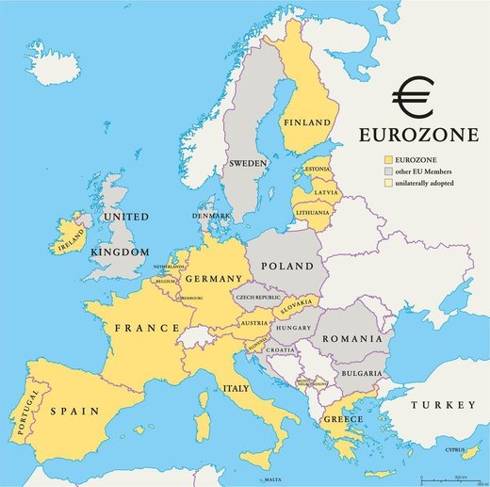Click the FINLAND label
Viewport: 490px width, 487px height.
307,122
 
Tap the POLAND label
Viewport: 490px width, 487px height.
287,267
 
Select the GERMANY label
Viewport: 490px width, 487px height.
215,280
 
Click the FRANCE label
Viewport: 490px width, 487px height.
147,328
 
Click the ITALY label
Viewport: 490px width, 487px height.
236,388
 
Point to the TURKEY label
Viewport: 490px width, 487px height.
443,404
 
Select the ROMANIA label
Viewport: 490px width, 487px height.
352,338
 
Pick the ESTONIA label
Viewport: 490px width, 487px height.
316,170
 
